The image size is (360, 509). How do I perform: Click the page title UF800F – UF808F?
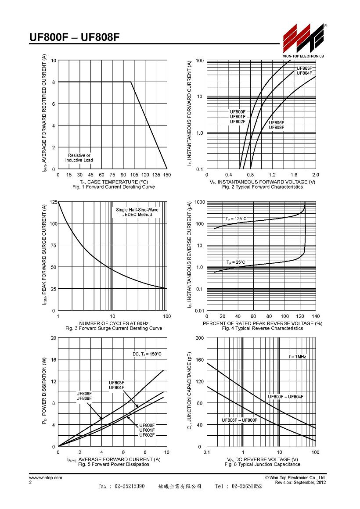pos(74,37)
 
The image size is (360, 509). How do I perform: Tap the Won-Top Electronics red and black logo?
pos(303,38)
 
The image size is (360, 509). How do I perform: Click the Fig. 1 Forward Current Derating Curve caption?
pos(114,187)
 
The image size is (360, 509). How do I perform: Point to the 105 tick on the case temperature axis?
pos(134,175)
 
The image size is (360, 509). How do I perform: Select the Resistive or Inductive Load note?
pos(79,158)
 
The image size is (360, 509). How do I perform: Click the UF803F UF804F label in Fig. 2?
pos(304,71)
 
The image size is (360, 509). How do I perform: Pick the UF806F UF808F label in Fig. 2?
pos(276,125)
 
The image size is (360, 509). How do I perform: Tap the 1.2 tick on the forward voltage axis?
pos(272,175)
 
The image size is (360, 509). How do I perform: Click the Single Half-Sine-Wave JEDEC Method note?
pos(137,212)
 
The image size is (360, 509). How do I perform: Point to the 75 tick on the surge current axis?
pos(53,245)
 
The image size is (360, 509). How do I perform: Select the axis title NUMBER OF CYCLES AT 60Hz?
pos(114,323)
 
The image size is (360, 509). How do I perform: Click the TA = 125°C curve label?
pos(236,219)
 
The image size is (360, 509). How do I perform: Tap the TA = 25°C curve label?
pos(236,262)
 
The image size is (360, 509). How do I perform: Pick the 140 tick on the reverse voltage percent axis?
pos(316,316)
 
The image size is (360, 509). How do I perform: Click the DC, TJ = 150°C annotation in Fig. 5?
pos(147,354)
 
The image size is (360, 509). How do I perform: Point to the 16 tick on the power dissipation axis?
pos(54,360)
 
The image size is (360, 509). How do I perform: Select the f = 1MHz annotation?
pos(297,356)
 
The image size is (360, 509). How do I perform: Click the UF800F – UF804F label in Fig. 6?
pos(286,397)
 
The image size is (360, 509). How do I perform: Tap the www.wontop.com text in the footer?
pos(46,477)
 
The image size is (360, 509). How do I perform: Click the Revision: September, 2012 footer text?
pos(300,482)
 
